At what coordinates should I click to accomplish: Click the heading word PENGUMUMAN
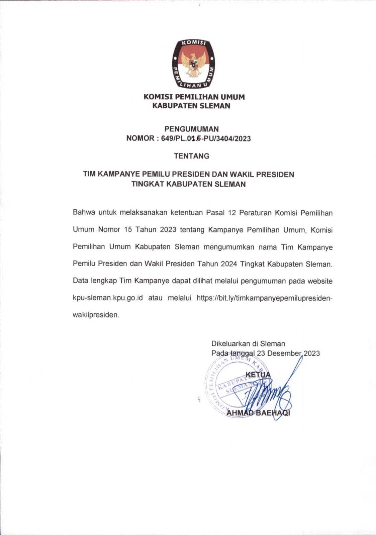[x=191, y=129]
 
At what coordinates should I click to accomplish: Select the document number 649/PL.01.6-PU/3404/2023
[x=206, y=138]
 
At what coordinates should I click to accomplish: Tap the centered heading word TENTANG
[x=191, y=156]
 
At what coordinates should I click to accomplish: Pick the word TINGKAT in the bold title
[x=148, y=184]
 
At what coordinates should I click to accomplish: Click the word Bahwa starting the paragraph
[x=84, y=213]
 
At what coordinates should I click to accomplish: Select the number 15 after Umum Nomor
[x=128, y=230]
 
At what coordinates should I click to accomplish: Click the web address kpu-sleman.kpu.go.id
[x=108, y=298]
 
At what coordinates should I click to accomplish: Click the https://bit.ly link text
[x=264, y=298]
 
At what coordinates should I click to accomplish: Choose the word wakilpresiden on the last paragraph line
[x=96, y=315]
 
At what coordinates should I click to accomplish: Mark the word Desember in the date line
[x=284, y=353]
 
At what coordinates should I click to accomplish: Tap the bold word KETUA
[x=258, y=375]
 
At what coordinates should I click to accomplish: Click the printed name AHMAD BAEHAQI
[x=258, y=413]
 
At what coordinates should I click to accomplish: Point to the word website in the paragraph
[x=320, y=281]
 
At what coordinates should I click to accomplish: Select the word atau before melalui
[x=155, y=298]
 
